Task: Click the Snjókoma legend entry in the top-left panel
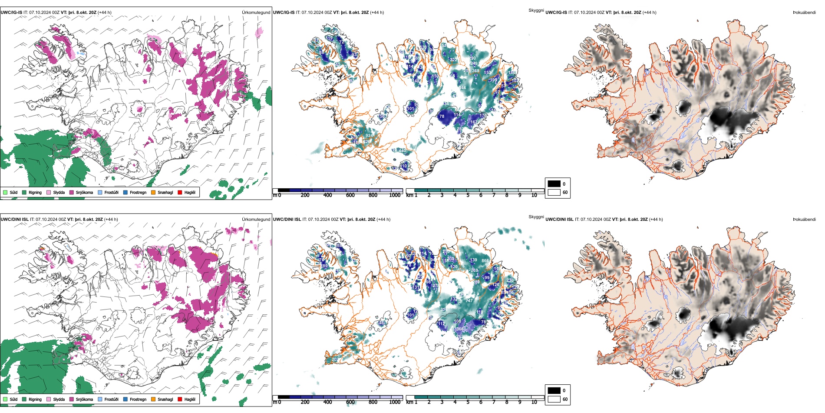[x=84, y=192]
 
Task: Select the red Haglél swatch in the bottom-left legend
[x=180, y=399]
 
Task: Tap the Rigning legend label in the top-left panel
[x=35, y=192]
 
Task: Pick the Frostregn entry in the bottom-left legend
[x=138, y=399]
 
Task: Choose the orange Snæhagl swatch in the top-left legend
[x=153, y=192]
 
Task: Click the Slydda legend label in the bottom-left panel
[x=59, y=399]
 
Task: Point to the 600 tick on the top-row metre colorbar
[x=350, y=195]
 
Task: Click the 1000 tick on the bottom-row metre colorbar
[x=395, y=402]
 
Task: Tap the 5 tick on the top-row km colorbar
[x=468, y=195]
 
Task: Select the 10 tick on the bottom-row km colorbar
[x=534, y=402]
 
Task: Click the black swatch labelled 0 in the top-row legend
[x=554, y=184]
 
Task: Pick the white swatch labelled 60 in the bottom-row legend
[x=554, y=399]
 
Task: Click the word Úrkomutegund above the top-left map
[x=256, y=13]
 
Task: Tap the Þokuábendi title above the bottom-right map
[x=804, y=220]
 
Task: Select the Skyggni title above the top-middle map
[x=536, y=10]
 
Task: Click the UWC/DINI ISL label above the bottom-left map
[x=14, y=220]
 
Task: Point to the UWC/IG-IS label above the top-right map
[x=556, y=13]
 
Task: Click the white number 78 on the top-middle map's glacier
[x=442, y=117]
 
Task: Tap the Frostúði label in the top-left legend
[x=111, y=192]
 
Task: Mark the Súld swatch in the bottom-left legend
[x=5, y=399]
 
